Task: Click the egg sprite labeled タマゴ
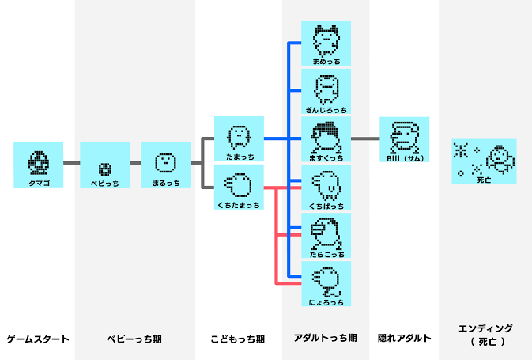[x=38, y=162]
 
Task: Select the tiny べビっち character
[x=104, y=168]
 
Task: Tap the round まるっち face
[x=165, y=163]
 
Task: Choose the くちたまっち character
[x=239, y=186]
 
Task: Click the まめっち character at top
[x=326, y=41]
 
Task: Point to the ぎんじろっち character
[x=326, y=89]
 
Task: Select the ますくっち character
[x=326, y=138]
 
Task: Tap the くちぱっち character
[x=326, y=187]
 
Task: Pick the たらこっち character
[x=326, y=235]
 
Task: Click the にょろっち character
[x=326, y=282]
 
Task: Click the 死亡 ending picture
[x=484, y=161]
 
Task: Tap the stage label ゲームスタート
[x=38, y=339]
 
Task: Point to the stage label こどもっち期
[x=238, y=339]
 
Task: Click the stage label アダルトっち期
[x=325, y=339]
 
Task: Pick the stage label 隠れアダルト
[x=404, y=339]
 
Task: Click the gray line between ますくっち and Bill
[x=365, y=138]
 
